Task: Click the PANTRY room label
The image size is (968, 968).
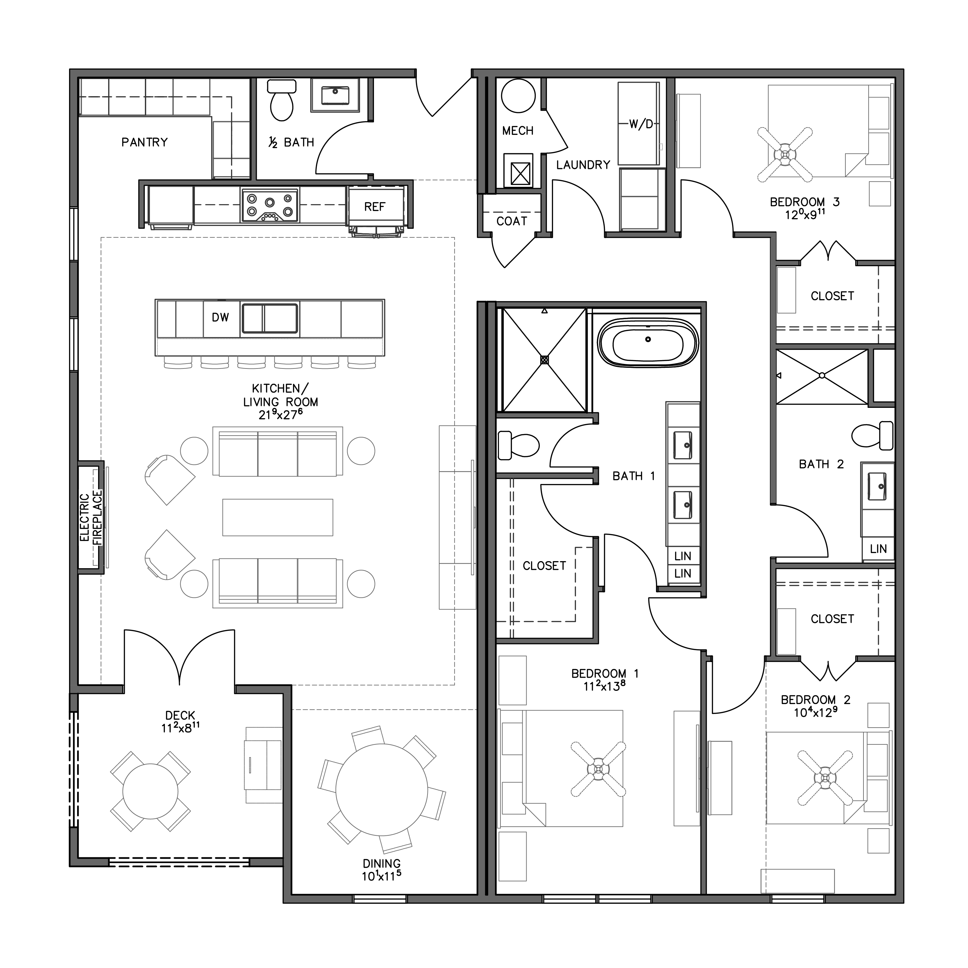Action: [144, 142]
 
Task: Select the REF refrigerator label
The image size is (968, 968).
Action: [375, 207]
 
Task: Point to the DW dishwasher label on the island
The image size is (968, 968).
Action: [220, 317]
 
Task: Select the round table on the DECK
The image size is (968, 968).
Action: [150, 791]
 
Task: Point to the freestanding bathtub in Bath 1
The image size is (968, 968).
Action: [648, 343]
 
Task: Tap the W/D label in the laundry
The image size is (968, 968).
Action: [641, 124]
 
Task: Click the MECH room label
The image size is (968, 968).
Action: [518, 131]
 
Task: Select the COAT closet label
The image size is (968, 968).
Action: [511, 221]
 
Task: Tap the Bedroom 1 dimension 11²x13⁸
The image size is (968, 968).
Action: [604, 686]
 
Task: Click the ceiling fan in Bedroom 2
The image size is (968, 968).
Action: [825, 778]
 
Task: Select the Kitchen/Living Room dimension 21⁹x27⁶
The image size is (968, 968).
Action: [281, 415]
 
